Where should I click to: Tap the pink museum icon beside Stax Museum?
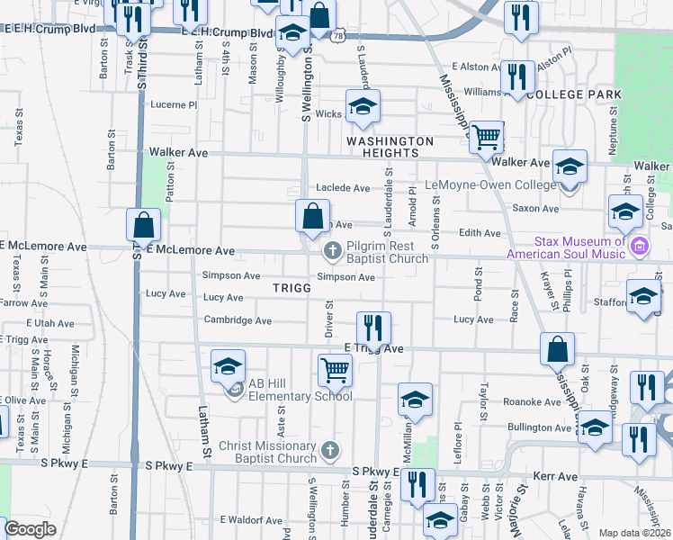click(x=640, y=246)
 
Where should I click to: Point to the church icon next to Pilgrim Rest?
click(x=332, y=250)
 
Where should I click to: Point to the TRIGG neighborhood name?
click(x=292, y=287)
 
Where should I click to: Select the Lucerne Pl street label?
click(x=174, y=104)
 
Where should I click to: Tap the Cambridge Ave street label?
click(x=238, y=319)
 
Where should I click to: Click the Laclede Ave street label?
click(x=342, y=188)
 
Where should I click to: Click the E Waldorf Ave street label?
click(x=252, y=520)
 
